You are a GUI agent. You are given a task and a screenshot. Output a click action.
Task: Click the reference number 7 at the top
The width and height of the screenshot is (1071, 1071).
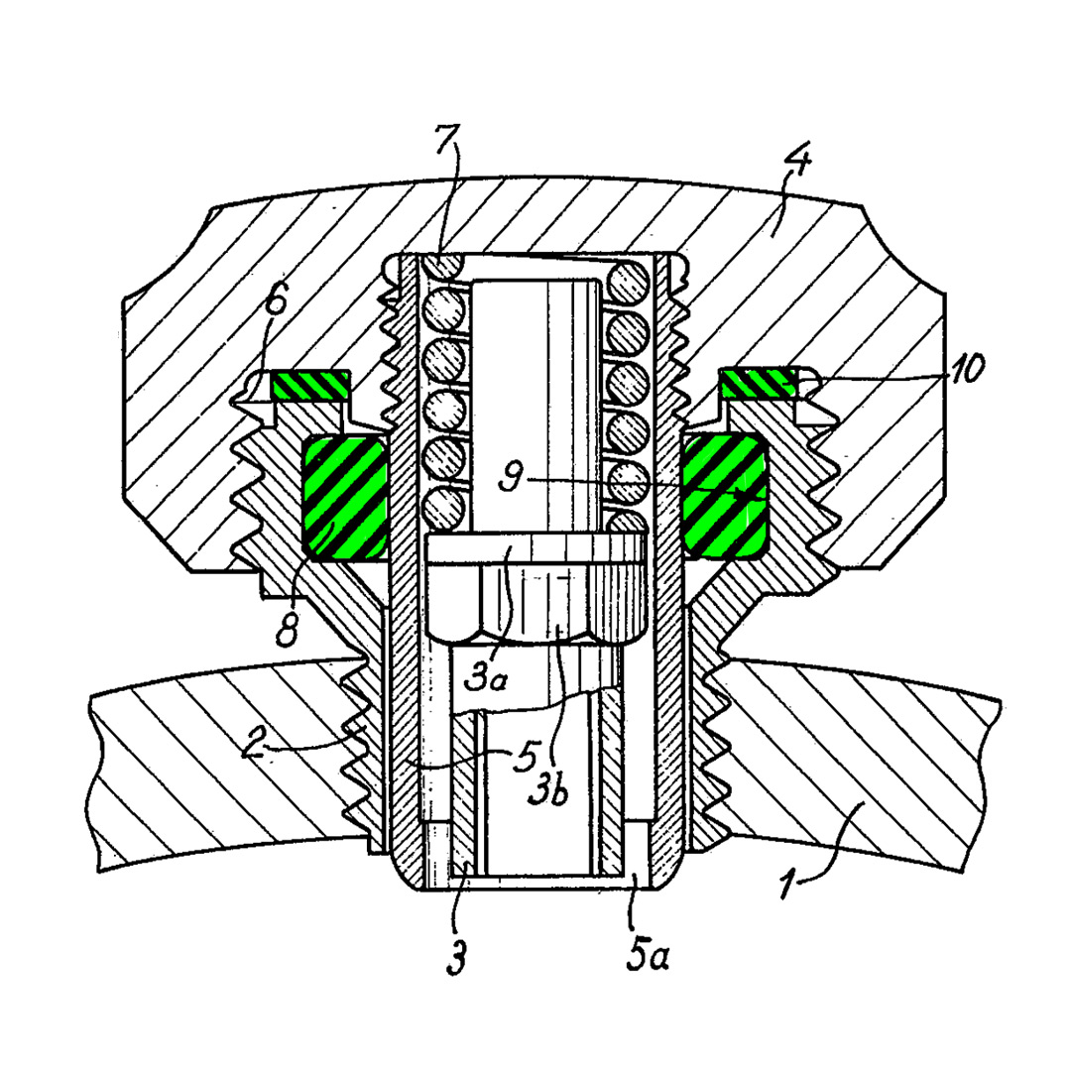pyautogui.click(x=446, y=140)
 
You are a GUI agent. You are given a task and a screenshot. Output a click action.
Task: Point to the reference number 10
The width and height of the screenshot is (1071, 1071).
pyautogui.click(x=964, y=369)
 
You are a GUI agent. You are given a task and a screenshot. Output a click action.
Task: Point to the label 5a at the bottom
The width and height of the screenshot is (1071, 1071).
pyautogui.click(x=648, y=954)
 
